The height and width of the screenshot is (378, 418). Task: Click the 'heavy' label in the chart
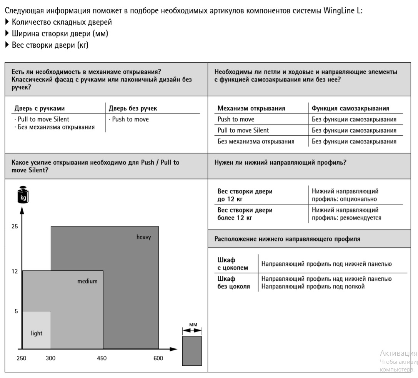[144, 237]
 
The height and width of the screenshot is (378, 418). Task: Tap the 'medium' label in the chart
[87, 281]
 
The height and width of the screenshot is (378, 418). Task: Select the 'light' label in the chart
[37, 333]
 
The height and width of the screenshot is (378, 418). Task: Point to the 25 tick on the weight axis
[15, 226]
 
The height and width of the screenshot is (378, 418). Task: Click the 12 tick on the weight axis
[15, 271]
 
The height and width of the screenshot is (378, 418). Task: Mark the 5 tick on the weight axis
[16, 311]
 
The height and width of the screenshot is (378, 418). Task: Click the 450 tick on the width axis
[102, 358]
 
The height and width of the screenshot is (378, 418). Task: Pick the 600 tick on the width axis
[158, 358]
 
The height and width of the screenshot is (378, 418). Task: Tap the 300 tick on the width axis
[50, 358]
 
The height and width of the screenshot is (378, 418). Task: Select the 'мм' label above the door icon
[193, 325]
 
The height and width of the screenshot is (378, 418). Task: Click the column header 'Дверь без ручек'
[133, 108]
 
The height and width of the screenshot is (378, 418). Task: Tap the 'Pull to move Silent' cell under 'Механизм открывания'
[243, 130]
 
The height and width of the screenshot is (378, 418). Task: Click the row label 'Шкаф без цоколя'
[234, 282]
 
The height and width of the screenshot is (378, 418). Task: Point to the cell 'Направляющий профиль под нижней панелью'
[326, 264]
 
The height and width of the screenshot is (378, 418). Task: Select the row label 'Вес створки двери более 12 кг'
[245, 214]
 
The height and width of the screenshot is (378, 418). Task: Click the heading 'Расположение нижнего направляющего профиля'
[287, 239]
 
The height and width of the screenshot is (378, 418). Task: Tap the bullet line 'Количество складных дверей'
[62, 22]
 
